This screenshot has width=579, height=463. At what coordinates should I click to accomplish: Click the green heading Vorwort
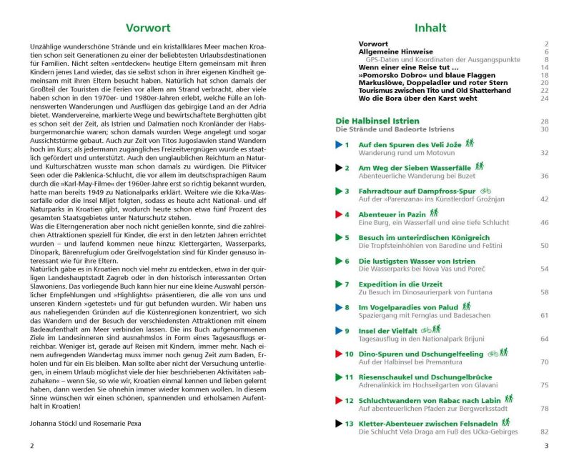[x=147, y=29]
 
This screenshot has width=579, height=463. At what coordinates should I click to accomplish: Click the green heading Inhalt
[x=430, y=29]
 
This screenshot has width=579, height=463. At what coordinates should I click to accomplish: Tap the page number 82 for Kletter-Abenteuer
[x=545, y=432]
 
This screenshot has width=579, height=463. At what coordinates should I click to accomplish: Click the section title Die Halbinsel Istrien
[x=389, y=121]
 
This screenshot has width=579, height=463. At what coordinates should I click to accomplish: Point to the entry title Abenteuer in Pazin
[x=397, y=214]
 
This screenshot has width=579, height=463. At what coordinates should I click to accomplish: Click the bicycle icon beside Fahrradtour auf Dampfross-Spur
[x=486, y=191]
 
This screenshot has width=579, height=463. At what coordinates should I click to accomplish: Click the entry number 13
[x=349, y=423]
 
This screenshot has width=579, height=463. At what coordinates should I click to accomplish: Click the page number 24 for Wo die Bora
[x=545, y=98]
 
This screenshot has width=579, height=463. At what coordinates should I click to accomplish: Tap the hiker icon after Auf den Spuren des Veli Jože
[x=470, y=144]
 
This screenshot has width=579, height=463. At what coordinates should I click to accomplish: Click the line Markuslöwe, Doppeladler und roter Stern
[x=423, y=82]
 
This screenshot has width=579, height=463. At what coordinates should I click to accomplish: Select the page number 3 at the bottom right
[x=546, y=446]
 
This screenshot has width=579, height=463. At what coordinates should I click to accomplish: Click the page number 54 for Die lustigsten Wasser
[x=545, y=269]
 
